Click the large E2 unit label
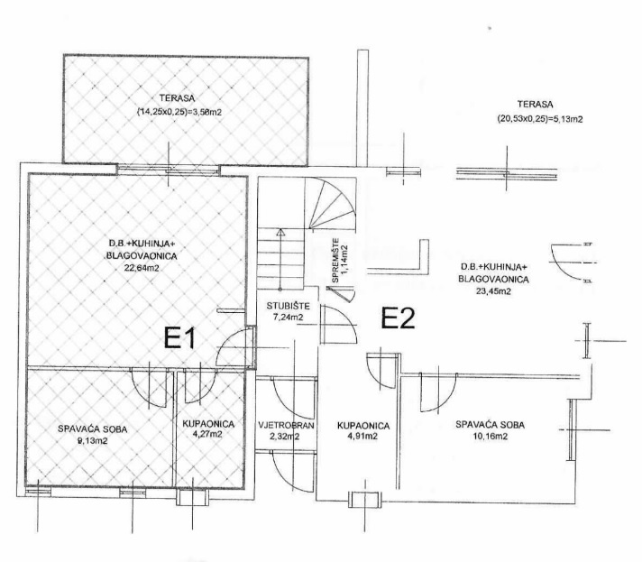click(397, 318)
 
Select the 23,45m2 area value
click(492, 291)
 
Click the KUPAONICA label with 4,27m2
click(208, 422)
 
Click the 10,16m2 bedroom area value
click(489, 436)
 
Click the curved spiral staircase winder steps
click(324, 204)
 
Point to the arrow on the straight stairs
click(280, 234)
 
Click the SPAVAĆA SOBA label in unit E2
click(490, 424)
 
